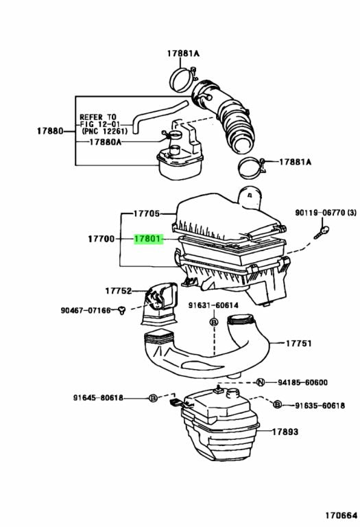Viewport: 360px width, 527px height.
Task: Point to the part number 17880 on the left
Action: pos(50,130)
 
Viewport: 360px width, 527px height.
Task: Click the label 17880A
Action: pos(105,142)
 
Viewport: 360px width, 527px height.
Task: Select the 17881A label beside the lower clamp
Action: pos(295,162)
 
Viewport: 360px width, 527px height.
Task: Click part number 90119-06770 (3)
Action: pos(326,213)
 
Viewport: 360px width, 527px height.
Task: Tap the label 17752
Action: pos(119,290)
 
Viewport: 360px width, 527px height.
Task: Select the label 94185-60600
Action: pos(302,382)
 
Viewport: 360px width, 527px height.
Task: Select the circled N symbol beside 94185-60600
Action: pos(261,382)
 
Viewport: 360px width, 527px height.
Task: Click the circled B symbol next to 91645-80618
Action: pos(153,397)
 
